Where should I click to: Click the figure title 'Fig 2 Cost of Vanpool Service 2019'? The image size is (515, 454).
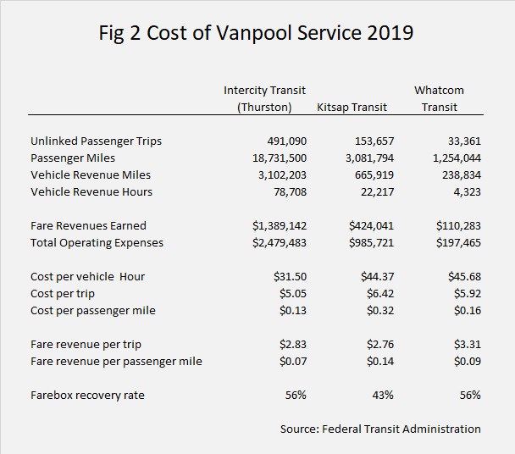(x=257, y=34)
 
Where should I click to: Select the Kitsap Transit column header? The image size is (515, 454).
(x=352, y=108)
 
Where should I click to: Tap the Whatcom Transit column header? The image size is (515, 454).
(x=439, y=98)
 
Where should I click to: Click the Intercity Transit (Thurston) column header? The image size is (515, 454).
(x=264, y=98)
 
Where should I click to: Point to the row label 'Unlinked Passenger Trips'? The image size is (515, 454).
(x=96, y=141)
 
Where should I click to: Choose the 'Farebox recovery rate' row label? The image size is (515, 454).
(x=85, y=395)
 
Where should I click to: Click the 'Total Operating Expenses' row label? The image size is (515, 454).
(x=97, y=242)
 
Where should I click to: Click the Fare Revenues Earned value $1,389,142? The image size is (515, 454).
(x=279, y=225)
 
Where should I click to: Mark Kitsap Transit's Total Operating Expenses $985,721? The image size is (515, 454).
(x=372, y=242)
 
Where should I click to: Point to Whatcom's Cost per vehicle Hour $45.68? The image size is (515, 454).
(x=464, y=276)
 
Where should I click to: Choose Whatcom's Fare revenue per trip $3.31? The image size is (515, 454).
(x=467, y=344)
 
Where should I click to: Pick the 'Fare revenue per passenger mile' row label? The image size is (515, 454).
(x=116, y=361)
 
